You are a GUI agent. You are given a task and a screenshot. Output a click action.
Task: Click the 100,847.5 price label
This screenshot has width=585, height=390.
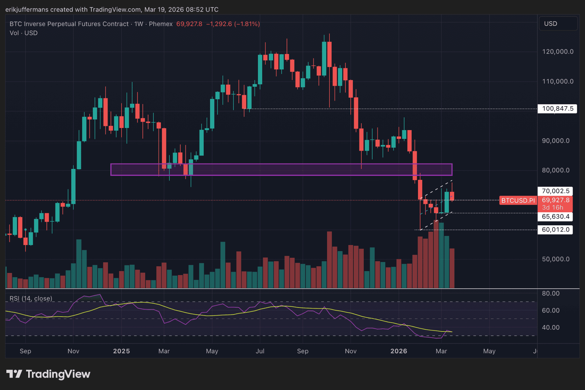tap(557, 109)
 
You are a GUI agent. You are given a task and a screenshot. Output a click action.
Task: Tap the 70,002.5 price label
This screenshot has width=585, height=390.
tap(555, 191)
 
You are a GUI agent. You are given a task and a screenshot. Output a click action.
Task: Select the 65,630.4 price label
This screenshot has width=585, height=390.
tap(555, 217)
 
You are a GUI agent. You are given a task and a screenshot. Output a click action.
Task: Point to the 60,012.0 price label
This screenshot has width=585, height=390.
tap(555, 230)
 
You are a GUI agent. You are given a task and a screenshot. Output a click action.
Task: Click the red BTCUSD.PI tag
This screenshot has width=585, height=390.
tap(518, 200)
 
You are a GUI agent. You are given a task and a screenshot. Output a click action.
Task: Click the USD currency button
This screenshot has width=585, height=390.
tap(558, 24)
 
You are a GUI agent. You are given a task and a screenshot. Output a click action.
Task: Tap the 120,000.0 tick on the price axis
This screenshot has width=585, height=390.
tap(557, 52)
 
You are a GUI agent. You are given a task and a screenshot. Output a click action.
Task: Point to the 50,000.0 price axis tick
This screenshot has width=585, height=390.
tap(555, 259)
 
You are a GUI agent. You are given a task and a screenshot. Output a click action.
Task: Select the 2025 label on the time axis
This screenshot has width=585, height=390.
tap(121, 351)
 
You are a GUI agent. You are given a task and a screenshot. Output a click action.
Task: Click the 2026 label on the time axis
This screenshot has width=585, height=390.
tap(399, 351)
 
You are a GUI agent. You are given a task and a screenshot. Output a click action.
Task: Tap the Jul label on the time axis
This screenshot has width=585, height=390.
tap(260, 351)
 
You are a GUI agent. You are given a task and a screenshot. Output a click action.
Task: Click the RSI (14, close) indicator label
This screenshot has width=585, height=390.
tap(31, 298)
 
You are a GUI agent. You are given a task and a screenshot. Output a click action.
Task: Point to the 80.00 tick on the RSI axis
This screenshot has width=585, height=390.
tap(550, 293)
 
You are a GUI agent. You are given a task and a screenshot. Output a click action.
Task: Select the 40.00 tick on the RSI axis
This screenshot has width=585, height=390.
tap(550, 328)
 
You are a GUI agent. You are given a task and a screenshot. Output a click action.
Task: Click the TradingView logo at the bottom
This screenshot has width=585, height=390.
tap(48, 374)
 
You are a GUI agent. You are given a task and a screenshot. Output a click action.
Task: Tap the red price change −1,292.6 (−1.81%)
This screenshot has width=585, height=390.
tap(233, 24)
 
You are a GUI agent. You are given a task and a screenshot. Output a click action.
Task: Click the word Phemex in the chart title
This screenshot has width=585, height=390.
tap(161, 24)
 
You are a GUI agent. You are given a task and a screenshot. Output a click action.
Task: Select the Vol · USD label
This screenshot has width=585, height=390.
tap(24, 33)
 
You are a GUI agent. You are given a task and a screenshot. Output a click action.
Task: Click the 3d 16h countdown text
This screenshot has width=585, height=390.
tap(552, 207)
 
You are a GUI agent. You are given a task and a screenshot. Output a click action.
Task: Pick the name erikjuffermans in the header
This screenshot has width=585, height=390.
tap(27, 9)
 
